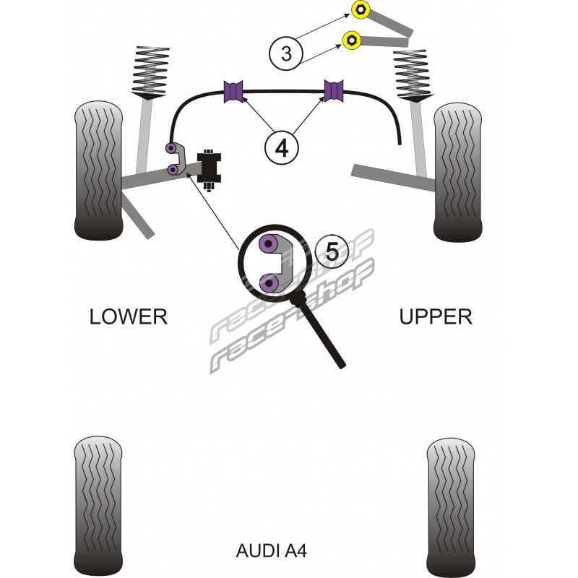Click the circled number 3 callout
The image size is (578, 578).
point(287,53)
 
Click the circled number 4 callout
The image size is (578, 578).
point(281,147)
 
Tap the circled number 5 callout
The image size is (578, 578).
point(332,252)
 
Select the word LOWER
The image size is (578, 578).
point(129,316)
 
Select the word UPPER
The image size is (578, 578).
point(436,316)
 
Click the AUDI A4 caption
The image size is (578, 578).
point(272,551)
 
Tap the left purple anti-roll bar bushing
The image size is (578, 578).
point(236,90)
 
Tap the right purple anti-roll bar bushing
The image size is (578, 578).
point(333,90)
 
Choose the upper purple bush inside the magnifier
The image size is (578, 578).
point(271,245)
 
